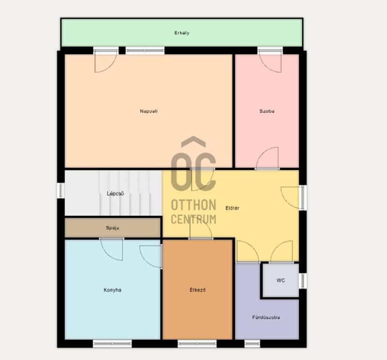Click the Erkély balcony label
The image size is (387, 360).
point(182,33)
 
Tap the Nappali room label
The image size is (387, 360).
point(149,111)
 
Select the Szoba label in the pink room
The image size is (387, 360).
point(267,111)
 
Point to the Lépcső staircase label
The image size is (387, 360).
point(115,194)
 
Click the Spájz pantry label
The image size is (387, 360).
point(113,228)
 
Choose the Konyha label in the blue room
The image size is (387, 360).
point(112,290)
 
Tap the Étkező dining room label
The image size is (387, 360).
point(197,290)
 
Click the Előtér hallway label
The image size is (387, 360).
point(232,208)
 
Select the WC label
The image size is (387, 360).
point(281,280)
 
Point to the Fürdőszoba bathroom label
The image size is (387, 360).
point(266,317)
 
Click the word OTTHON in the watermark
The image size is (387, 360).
point(193,205)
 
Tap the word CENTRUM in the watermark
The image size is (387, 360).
point(193,219)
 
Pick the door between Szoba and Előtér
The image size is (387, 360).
point(268,158)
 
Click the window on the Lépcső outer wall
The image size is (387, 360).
point(60,190)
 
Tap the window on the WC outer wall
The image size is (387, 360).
point(303,281)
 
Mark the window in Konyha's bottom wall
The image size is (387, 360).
point(112,344)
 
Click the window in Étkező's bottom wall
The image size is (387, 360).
point(197,344)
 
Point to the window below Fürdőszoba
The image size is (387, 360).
point(252,344)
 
